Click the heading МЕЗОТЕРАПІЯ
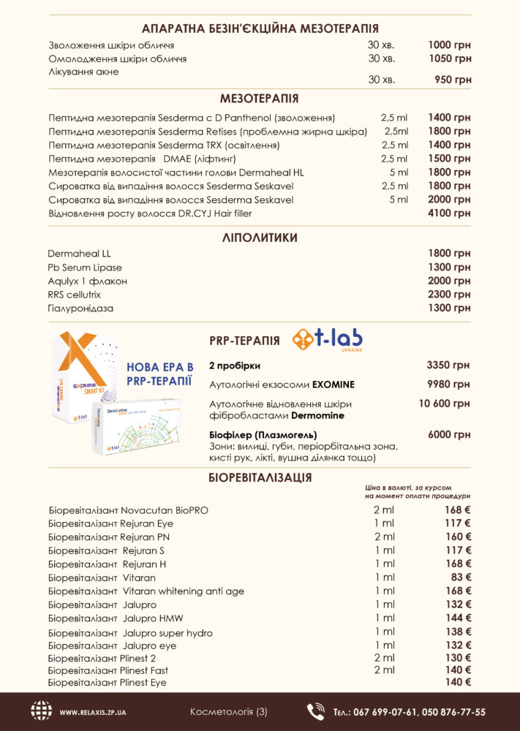[260, 99]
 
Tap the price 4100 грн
[449, 213]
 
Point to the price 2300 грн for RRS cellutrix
[449, 295]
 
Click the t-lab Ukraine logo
[327, 340]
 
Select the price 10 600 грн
[444, 403]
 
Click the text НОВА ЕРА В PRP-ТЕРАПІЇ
[159, 373]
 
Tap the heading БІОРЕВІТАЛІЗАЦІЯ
[260, 478]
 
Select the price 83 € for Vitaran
[456, 577]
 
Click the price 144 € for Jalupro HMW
[453, 618]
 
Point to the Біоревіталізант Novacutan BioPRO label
[128, 510]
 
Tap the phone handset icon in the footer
[316, 711]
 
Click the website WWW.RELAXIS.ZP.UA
[93, 712]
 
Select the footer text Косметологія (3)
[229, 711]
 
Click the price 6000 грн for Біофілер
[449, 435]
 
